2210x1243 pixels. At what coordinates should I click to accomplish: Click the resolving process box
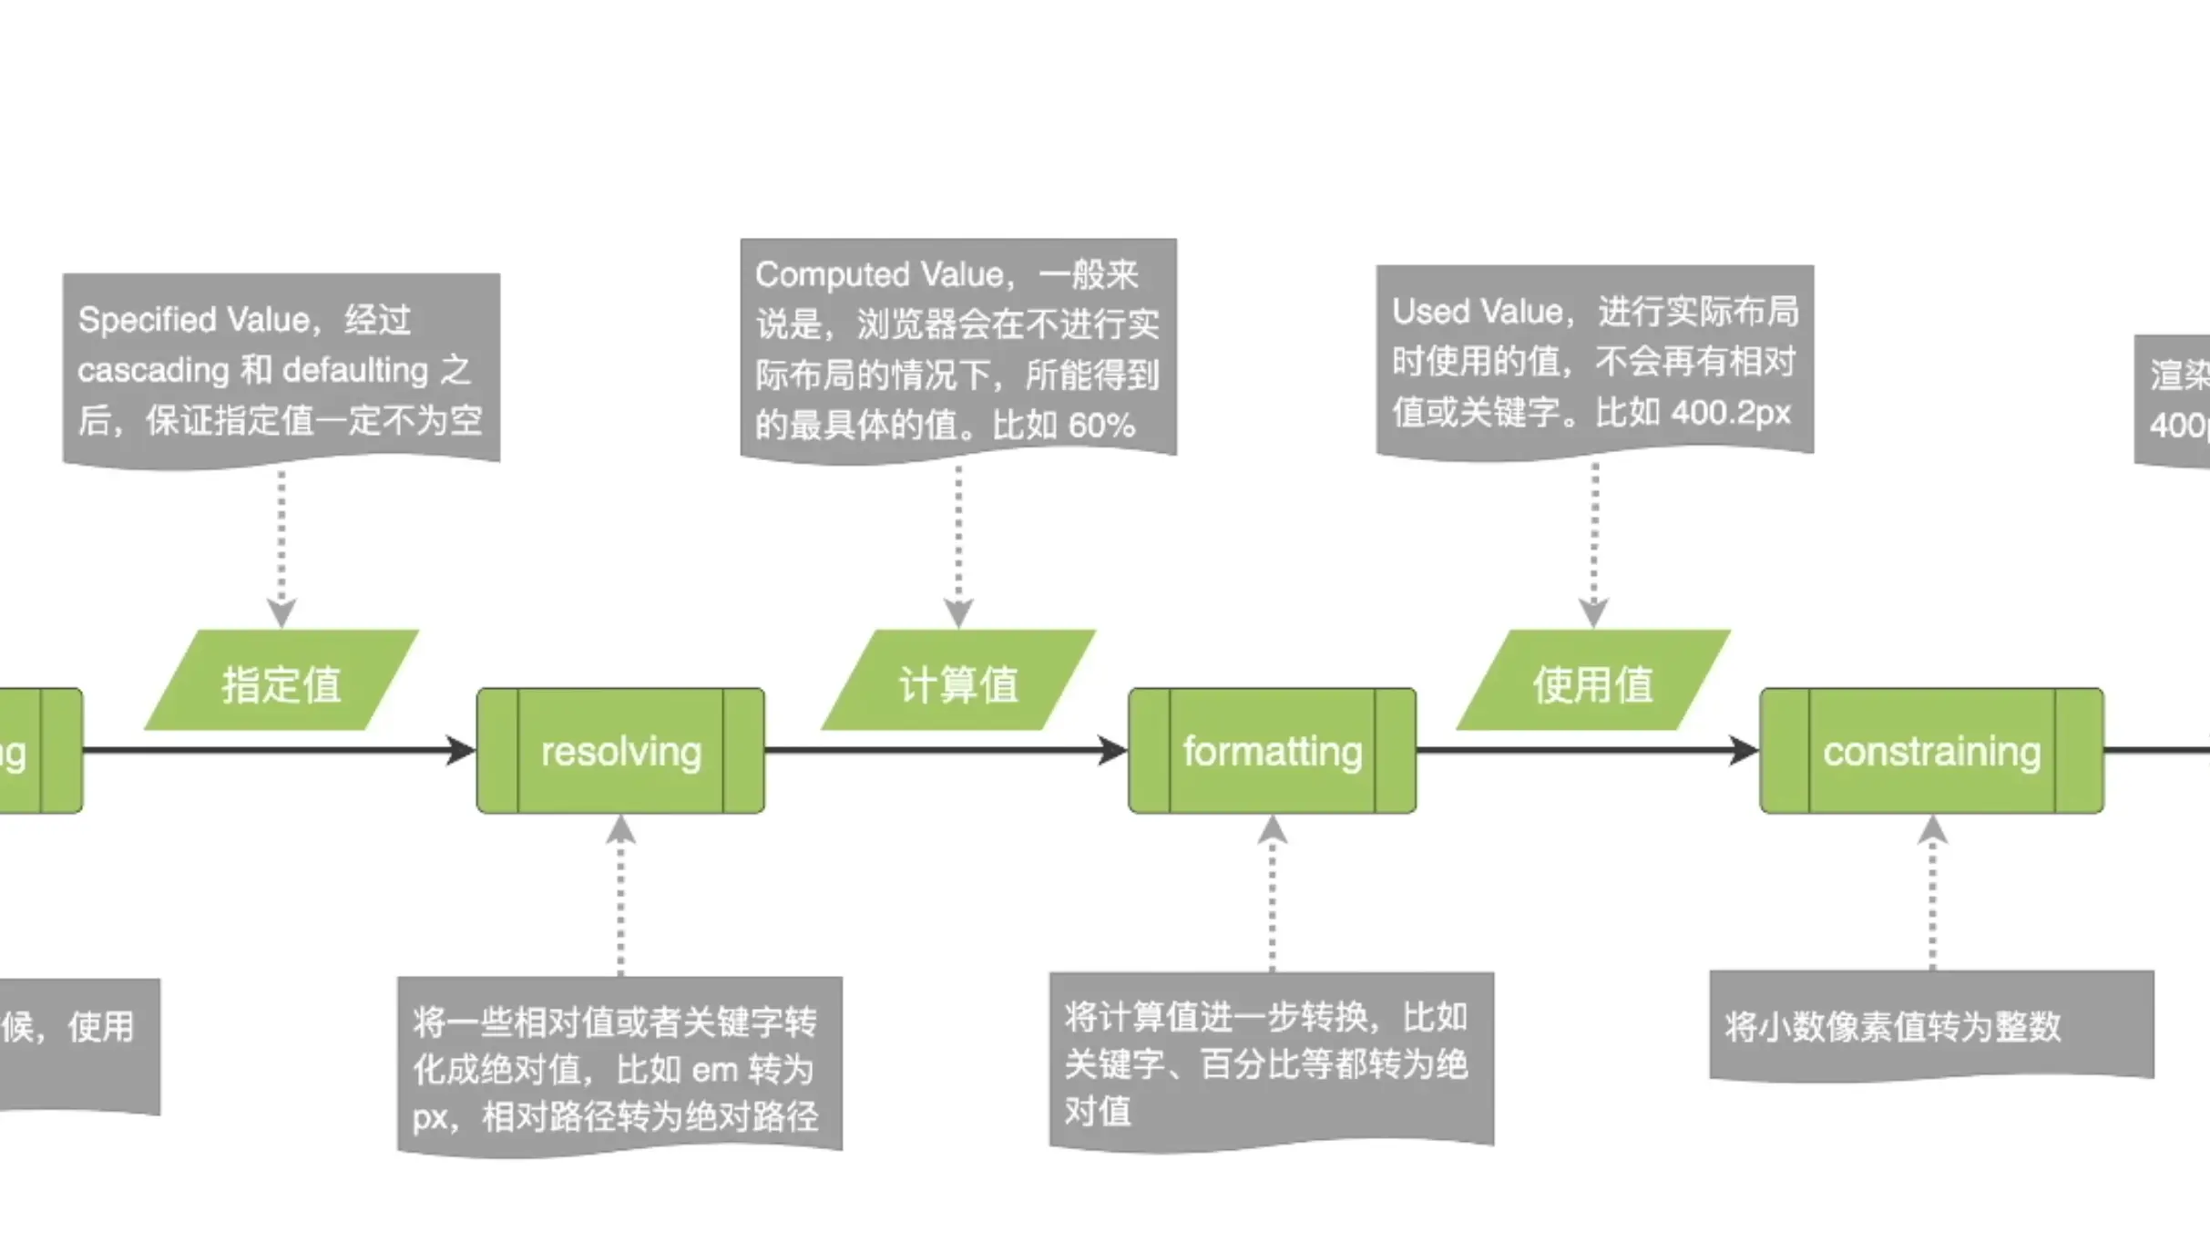click(620, 751)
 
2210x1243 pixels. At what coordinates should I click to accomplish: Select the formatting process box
click(1272, 751)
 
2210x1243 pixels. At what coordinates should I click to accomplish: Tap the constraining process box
click(1931, 751)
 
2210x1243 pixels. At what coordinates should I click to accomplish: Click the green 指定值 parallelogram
click(281, 682)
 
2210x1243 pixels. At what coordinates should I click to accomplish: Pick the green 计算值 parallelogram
click(958, 682)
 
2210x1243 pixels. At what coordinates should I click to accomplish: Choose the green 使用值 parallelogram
click(1592, 682)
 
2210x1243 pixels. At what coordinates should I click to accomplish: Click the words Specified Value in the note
click(193, 320)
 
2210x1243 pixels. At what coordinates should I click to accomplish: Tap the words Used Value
click(1476, 312)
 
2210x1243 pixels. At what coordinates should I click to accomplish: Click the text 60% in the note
click(1101, 426)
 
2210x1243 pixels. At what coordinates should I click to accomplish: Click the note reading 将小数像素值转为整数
click(1892, 1027)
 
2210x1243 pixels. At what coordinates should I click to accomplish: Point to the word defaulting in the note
click(355, 370)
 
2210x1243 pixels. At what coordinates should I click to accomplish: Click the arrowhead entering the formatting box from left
click(1114, 751)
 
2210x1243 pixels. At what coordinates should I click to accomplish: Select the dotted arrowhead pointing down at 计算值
click(958, 612)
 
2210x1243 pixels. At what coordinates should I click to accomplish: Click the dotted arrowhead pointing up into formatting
click(1272, 828)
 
